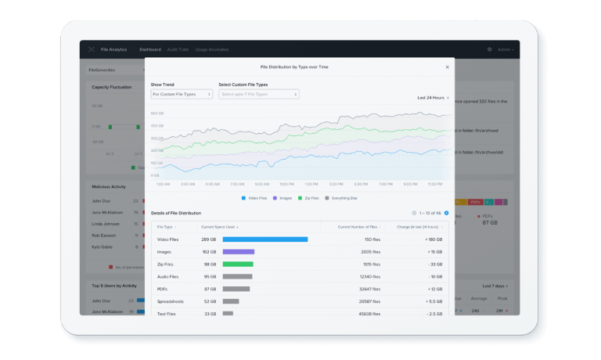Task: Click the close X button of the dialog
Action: pos(447,67)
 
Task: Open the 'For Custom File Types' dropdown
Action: pos(182,94)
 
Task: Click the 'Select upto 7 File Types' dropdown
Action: pos(259,94)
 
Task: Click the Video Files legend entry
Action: pos(256,198)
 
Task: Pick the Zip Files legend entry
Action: pos(308,198)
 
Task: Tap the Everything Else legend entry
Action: pos(341,198)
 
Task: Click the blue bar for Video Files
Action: pos(265,239)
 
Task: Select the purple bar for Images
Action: pos(238,252)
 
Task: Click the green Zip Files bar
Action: pos(237,265)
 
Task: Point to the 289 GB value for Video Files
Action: pos(208,239)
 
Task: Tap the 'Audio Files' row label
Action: pos(169,276)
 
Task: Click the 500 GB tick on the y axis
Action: pos(156,113)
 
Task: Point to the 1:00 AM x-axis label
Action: pos(163,184)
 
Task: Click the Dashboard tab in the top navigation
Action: pos(149,49)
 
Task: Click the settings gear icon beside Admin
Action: pos(489,49)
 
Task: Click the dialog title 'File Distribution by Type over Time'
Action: pos(294,67)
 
